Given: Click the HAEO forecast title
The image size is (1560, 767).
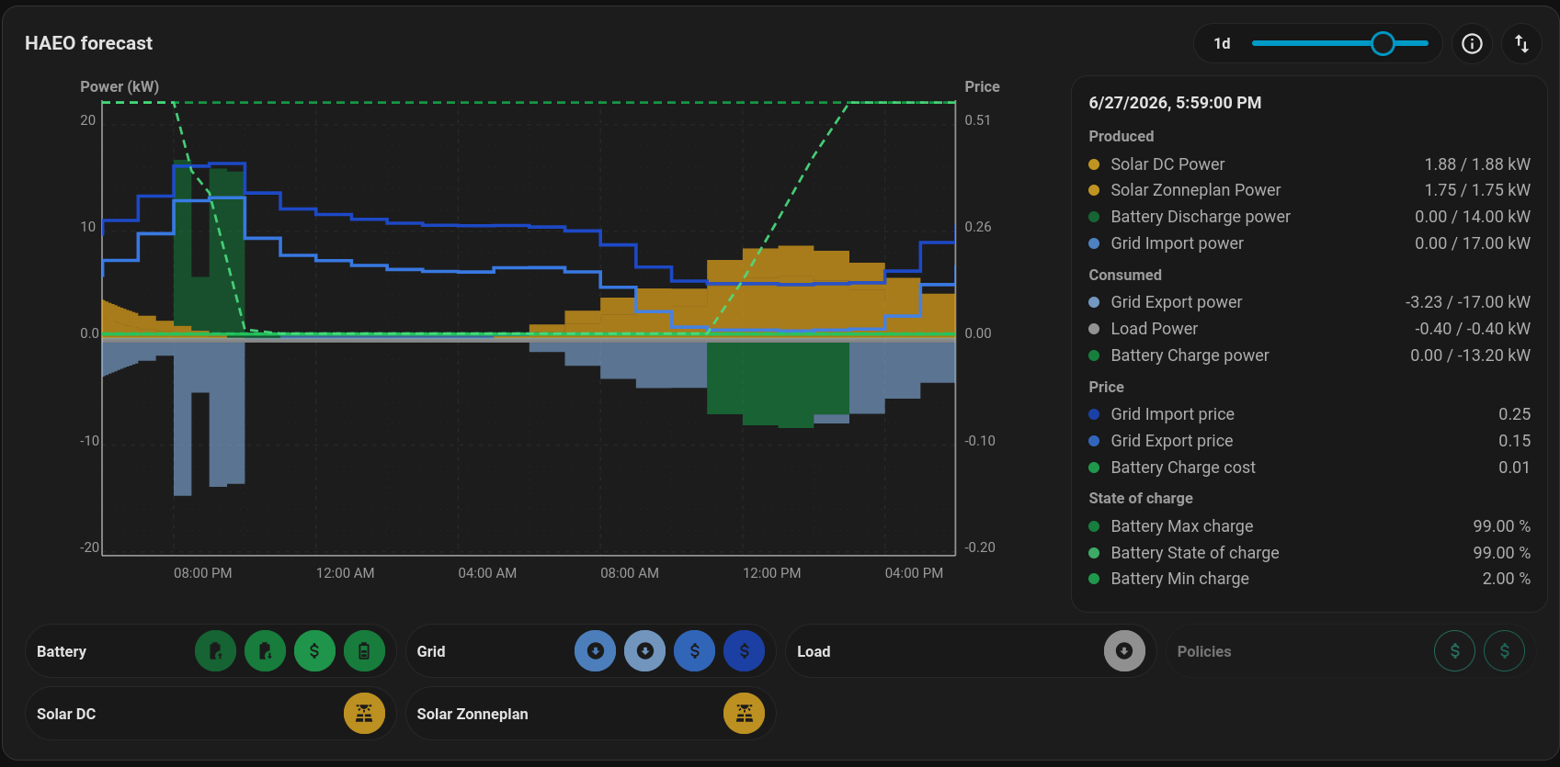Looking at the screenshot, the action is [x=88, y=43].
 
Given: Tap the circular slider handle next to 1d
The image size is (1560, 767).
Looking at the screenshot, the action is [x=1383, y=44].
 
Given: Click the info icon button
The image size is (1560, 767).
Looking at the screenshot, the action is [x=1472, y=44].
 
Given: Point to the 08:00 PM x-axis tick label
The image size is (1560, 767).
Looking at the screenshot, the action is [x=202, y=573].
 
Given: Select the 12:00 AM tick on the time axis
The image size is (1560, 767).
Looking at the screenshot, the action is [x=345, y=573].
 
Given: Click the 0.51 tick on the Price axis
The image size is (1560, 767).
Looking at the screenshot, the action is [x=977, y=119].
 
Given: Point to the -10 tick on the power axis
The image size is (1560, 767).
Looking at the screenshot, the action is [x=89, y=441].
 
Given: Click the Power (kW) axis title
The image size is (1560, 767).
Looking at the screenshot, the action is [x=120, y=87].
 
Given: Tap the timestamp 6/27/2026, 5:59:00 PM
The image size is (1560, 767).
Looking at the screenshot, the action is [x=1175, y=103].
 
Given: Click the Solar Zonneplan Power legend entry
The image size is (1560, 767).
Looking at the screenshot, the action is [x=1195, y=190].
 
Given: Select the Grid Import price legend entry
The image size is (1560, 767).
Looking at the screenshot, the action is [x=1172, y=414].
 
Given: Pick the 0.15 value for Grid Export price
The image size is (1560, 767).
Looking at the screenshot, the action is [x=1514, y=441].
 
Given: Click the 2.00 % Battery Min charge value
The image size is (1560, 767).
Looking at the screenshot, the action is [x=1507, y=579].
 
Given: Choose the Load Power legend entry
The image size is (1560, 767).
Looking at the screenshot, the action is [x=1154, y=329].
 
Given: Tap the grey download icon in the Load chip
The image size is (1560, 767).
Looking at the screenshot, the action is [x=1124, y=651].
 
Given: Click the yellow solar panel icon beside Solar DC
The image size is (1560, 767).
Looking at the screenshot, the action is [x=364, y=714].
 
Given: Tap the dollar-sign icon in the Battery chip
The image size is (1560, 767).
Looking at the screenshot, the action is [x=314, y=651].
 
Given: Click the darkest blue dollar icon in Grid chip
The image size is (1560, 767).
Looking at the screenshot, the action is [x=744, y=651].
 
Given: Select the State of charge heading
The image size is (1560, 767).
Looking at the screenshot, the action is [x=1141, y=499].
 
